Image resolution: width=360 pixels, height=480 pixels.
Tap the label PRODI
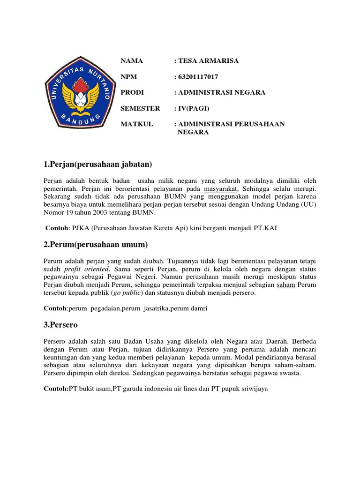132,93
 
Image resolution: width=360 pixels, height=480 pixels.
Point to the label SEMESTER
140,108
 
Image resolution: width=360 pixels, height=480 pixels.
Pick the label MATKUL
136,124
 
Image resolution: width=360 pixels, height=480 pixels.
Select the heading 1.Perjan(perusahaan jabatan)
98,164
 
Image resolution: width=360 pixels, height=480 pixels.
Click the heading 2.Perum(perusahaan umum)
96,244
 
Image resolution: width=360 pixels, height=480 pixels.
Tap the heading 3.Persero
61,324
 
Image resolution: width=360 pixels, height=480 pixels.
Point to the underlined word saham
285,285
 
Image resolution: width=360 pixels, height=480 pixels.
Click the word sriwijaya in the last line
252,389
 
